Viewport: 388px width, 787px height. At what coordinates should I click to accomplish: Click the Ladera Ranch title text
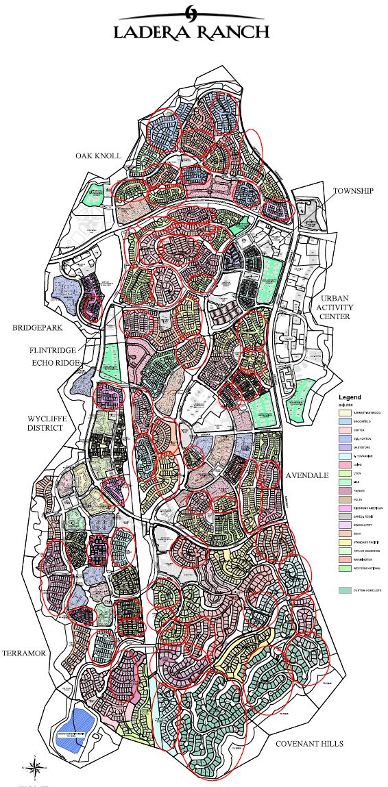191,32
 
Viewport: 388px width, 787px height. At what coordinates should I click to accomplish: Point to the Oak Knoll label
98,156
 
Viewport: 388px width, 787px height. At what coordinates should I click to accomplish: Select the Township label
353,190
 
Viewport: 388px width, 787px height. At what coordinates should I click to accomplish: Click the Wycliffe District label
45,423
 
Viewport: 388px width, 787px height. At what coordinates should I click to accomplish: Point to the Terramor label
23,653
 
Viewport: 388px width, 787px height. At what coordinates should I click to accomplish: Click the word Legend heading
350,397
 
